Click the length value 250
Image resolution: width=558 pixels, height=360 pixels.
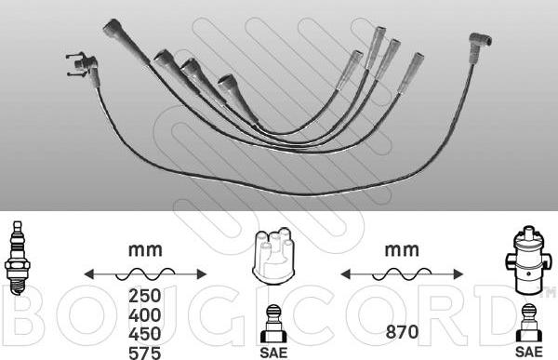145,296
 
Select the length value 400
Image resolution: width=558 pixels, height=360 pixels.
145,314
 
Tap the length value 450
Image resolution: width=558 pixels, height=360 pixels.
145,334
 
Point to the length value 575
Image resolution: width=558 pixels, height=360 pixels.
145,353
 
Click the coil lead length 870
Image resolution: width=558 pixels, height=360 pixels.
402,332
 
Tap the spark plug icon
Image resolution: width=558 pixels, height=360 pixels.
17,258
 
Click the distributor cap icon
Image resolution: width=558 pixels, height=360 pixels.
273,256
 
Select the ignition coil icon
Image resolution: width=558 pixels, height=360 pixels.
528,260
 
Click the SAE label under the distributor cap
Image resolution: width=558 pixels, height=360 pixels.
273,353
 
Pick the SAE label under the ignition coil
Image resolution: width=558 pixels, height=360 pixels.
529,352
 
